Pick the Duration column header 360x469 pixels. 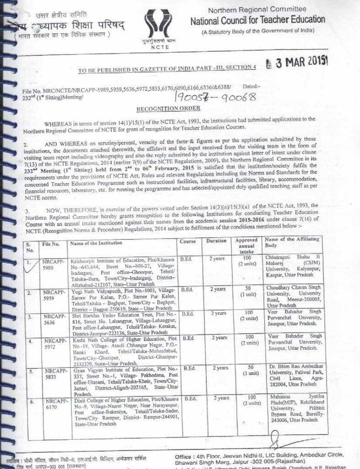(x=216, y=241)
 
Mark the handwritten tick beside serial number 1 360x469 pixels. (x=31, y=264)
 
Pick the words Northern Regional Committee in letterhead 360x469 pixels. (x=256, y=10)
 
